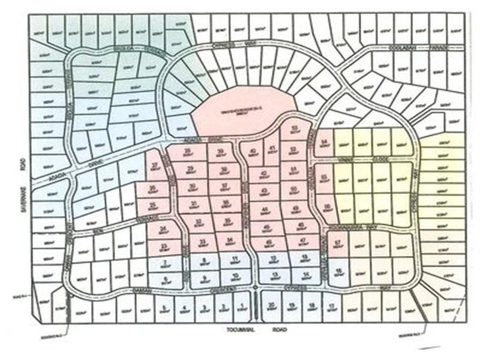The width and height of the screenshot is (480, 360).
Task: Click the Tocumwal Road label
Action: click(x=247, y=329)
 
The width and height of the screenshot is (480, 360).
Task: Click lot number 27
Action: click(x=157, y=168)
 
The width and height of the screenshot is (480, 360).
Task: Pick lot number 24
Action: click(x=164, y=230)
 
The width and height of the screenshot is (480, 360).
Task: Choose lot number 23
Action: click(x=164, y=247)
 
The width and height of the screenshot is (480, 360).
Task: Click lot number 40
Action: click(x=253, y=153)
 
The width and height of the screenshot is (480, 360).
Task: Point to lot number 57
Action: click(x=338, y=244)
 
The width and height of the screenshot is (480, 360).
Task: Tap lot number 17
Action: click(x=332, y=308)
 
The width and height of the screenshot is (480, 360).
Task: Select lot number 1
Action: click(x=241, y=308)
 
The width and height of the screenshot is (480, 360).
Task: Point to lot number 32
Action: click(x=197, y=223)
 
